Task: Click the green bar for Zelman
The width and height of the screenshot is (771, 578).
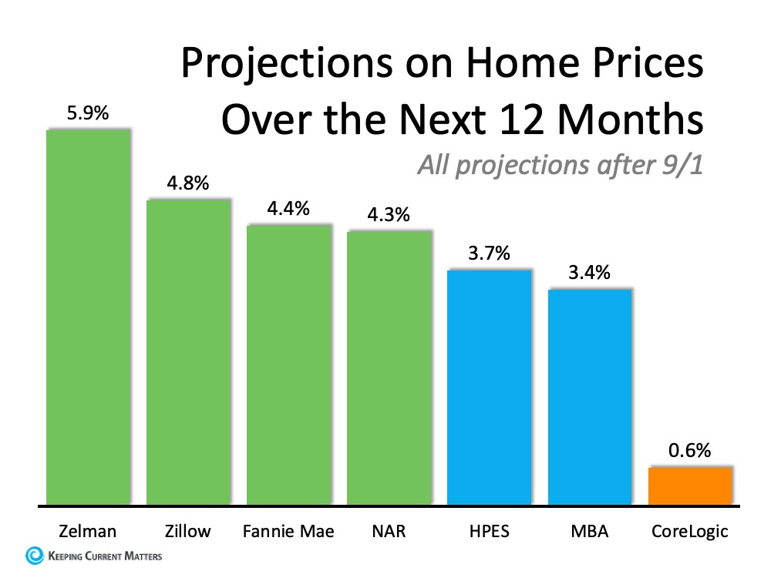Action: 88,317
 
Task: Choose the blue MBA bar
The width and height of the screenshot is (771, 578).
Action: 590,397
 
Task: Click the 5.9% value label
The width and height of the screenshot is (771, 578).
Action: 88,114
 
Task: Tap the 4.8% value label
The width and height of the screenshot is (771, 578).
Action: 188,184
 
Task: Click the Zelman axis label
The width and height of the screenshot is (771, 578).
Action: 88,530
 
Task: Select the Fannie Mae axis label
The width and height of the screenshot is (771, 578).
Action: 288,530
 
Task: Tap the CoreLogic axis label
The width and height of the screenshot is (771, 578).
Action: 690,530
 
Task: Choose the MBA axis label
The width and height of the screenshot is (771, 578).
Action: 590,530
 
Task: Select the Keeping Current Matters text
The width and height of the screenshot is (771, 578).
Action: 105,555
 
